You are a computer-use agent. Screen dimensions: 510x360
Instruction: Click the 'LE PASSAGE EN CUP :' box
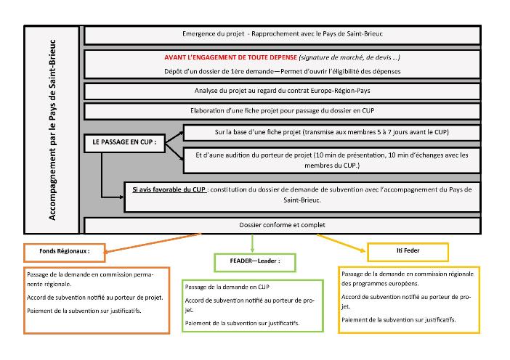coord(124,143)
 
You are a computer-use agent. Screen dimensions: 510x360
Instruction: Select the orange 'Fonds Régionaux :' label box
coord(65,253)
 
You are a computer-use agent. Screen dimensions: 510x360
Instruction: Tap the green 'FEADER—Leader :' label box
coord(255,262)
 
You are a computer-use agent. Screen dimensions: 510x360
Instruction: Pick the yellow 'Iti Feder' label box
coord(408,252)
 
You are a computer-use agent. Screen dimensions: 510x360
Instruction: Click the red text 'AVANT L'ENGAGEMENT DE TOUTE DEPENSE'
coord(230,57)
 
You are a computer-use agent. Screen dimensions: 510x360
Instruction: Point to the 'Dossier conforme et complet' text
coord(282,225)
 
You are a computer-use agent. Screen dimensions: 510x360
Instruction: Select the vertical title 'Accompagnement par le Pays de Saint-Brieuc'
coord(52,130)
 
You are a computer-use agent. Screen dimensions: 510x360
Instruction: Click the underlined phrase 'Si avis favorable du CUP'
coord(169,189)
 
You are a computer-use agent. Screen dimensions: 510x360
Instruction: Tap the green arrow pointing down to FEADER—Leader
coord(252,243)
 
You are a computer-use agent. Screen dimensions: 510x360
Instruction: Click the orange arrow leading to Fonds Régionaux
coord(152,242)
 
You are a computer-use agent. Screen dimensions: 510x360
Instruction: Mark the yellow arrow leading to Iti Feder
coord(341,242)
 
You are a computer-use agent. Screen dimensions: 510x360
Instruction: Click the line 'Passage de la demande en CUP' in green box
coord(227,287)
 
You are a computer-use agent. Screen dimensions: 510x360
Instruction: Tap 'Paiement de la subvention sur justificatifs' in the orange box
coord(84,311)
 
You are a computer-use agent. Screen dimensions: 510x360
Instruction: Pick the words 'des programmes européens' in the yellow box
coord(380,283)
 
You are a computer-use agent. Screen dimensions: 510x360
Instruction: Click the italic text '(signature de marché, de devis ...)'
coord(349,57)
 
